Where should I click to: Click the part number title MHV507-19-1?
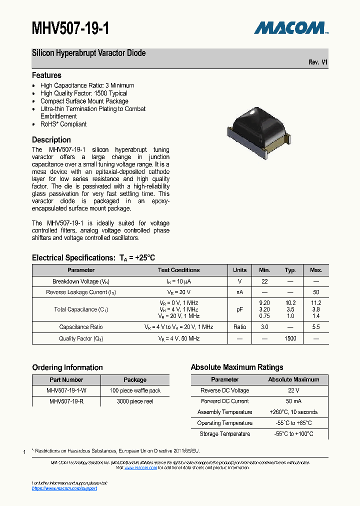click(x=70, y=28)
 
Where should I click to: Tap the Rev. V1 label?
click(x=318, y=62)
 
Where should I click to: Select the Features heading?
click(x=46, y=75)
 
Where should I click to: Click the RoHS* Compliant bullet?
click(x=63, y=124)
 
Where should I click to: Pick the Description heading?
click(x=51, y=140)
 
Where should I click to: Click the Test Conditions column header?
click(x=178, y=270)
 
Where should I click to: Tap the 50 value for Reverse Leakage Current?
click(x=316, y=292)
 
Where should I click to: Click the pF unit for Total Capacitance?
click(x=239, y=309)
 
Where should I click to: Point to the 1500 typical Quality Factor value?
click(x=290, y=338)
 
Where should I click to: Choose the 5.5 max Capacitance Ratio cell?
click(x=316, y=327)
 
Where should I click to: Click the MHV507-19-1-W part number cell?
click(x=66, y=390)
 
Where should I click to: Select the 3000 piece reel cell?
click(x=135, y=401)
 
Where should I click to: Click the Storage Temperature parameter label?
click(x=225, y=434)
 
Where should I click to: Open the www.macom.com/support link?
click(x=64, y=488)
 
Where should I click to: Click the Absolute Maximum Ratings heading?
click(x=237, y=367)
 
